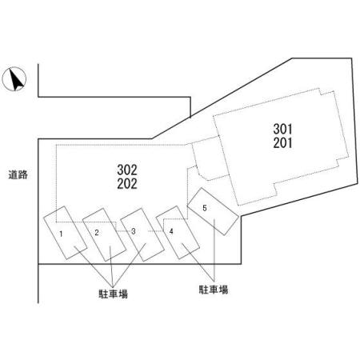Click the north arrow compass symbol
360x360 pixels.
[x=14, y=79]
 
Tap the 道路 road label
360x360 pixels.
[x=18, y=175]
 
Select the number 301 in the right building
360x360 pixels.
[x=282, y=129]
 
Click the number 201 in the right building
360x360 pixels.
[x=282, y=143]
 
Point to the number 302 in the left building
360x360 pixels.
[x=127, y=170]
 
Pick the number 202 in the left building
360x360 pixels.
[x=127, y=184]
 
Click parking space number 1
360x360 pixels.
[x=66, y=233]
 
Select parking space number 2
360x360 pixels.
[x=104, y=234]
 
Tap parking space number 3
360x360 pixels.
[x=142, y=234]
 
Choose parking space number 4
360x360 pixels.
[x=178, y=232]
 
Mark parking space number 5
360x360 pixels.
[x=213, y=211]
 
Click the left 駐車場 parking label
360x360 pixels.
[x=114, y=294]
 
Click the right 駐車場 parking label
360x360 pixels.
[x=214, y=290]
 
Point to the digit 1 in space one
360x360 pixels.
[x=61, y=234]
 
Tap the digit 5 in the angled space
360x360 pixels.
[x=205, y=208]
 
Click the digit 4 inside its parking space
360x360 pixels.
[x=171, y=231]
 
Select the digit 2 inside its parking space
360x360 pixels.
[x=97, y=233]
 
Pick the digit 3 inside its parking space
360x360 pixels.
[x=134, y=231]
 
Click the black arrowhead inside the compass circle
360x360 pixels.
[x=16, y=79]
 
